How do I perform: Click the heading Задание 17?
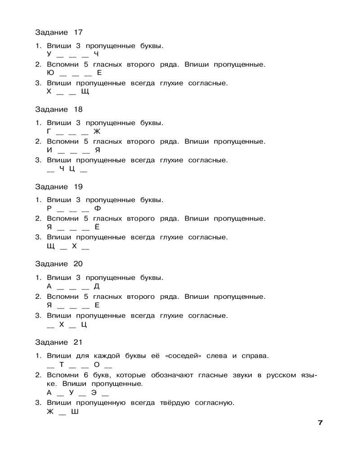[x=58, y=32]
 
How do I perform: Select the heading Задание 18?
[x=58, y=109]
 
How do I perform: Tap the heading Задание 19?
[x=58, y=187]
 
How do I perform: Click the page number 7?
[x=320, y=423]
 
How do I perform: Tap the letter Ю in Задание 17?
[x=50, y=73]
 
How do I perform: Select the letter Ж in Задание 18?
[x=97, y=131]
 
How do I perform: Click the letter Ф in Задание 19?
[x=97, y=208]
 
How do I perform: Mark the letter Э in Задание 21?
[x=94, y=392]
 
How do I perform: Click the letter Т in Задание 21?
[x=62, y=364]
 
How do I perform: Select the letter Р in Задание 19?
[x=49, y=208]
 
